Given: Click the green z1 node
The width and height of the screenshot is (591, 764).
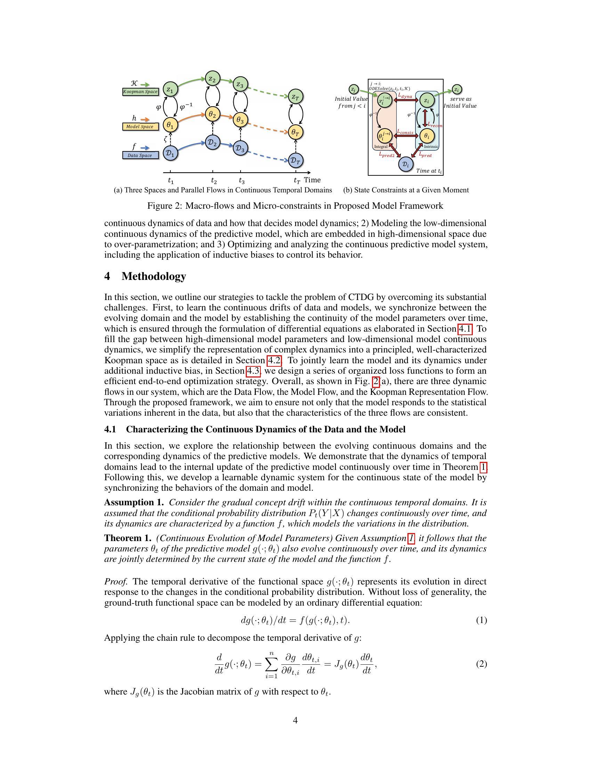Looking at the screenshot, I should click(x=170, y=89).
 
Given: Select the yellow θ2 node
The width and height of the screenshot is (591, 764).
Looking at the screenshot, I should click(x=212, y=114).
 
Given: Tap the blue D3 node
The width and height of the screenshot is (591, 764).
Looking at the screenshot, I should click(x=240, y=148).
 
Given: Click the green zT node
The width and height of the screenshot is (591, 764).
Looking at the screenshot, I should click(x=295, y=97).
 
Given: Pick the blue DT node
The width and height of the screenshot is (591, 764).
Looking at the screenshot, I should click(x=295, y=160).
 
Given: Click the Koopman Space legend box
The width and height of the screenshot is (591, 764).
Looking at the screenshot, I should click(x=140, y=92).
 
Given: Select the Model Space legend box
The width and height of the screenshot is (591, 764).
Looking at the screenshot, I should click(x=140, y=127).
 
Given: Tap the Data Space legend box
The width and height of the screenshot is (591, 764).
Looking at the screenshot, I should click(x=140, y=155).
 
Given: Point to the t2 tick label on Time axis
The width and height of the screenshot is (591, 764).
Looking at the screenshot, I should click(x=213, y=181).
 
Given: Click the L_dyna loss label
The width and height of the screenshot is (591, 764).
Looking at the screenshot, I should click(x=405, y=95).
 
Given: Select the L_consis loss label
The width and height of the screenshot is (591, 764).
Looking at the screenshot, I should click(x=405, y=132).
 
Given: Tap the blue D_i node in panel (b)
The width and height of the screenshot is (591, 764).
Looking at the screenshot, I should click(x=405, y=164).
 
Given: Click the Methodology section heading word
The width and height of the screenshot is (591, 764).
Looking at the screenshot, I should click(x=154, y=276).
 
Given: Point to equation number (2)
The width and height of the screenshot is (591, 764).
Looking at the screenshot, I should click(x=481, y=664).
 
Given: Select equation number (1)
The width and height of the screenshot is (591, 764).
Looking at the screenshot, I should click(x=481, y=620).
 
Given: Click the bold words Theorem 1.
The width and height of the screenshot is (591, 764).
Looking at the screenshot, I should click(x=128, y=538).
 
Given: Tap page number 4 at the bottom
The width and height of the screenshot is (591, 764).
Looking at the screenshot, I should click(x=295, y=720).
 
